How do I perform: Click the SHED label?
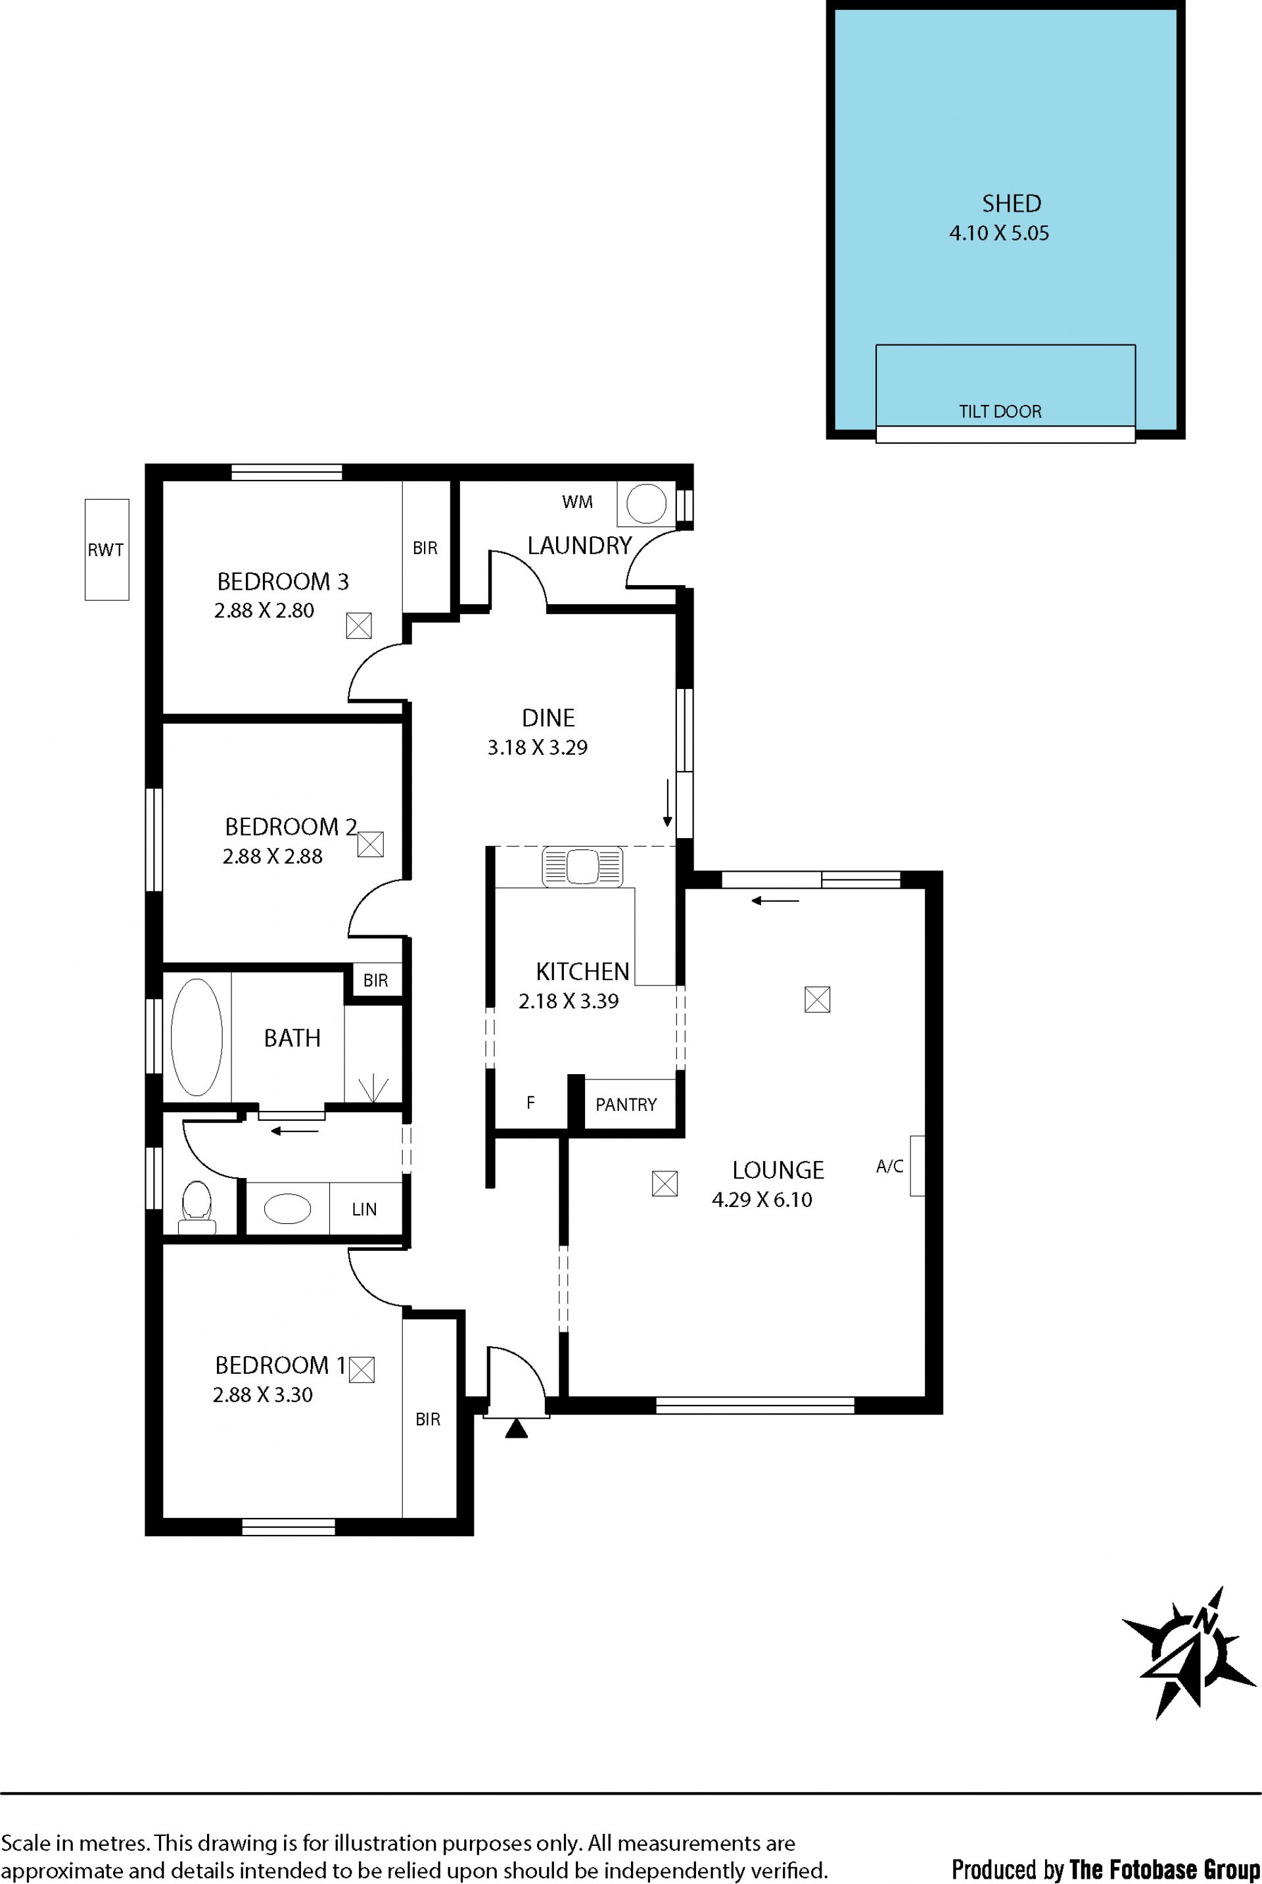(1011, 204)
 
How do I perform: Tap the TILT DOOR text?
(1000, 412)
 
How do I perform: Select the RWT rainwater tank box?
(107, 550)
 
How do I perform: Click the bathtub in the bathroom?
(197, 1037)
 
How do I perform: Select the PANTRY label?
(626, 1105)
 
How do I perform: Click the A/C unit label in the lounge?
(889, 1166)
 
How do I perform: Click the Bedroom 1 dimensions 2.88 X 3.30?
(262, 1395)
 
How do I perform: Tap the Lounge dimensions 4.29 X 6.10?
(762, 1199)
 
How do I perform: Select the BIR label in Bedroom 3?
(425, 548)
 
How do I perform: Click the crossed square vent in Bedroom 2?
(370, 843)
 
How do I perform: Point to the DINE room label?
(548, 718)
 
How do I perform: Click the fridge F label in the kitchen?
(530, 1102)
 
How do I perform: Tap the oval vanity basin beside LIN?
(288, 1209)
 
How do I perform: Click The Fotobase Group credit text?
(1165, 1862)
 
